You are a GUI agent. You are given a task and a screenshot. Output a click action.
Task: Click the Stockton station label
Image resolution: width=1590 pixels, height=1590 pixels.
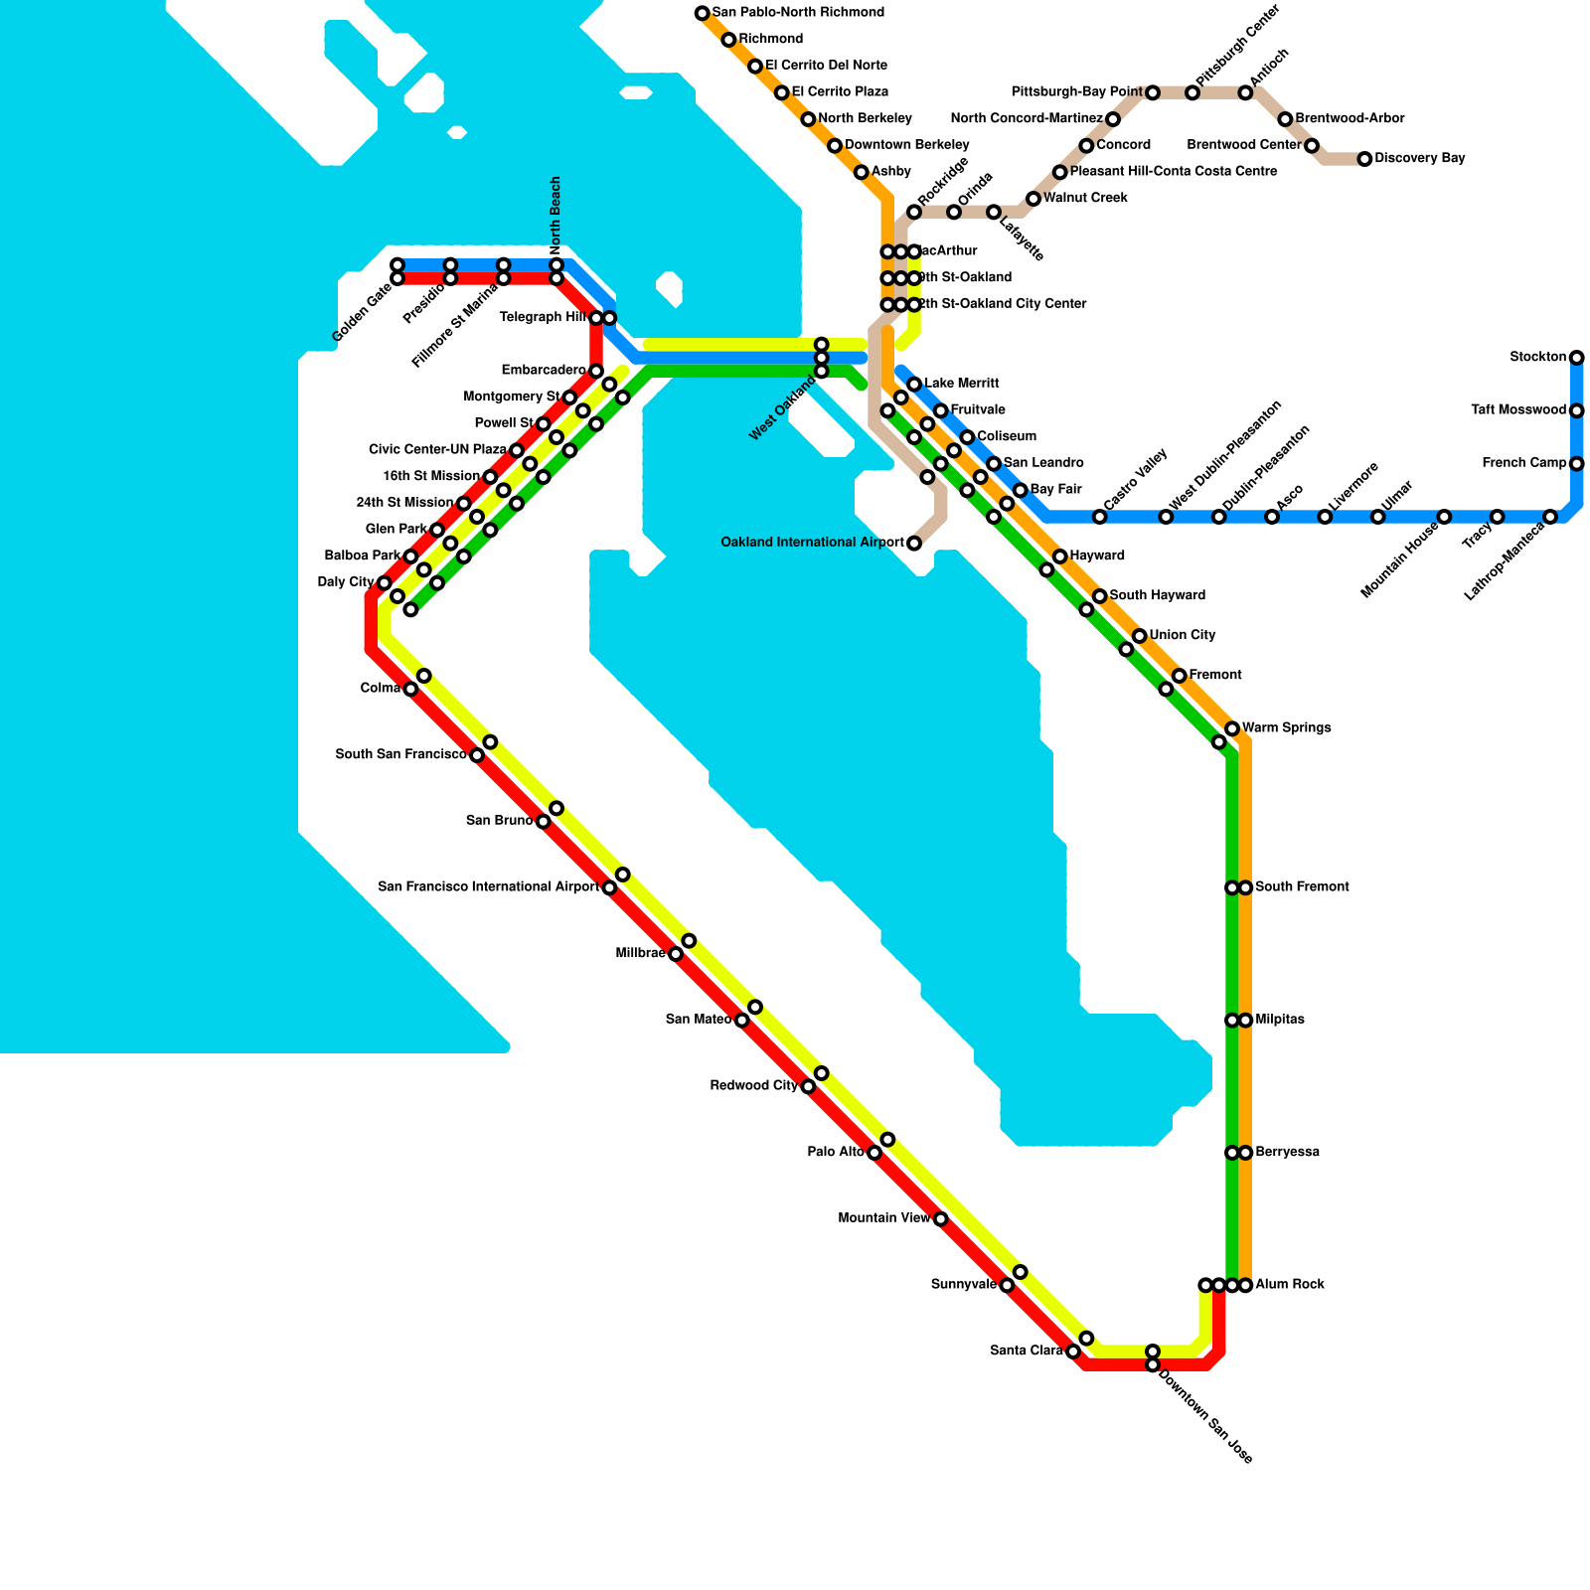(x=1537, y=357)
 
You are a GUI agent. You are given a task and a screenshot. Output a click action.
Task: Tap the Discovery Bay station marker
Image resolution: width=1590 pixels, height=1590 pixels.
(x=1364, y=159)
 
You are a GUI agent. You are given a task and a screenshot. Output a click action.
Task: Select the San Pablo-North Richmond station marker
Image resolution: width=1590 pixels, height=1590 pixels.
(x=702, y=13)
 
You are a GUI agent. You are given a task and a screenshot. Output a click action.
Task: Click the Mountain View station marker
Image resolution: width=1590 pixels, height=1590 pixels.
(x=940, y=1219)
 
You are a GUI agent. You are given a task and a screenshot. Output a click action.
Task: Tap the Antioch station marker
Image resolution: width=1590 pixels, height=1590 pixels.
(x=1245, y=92)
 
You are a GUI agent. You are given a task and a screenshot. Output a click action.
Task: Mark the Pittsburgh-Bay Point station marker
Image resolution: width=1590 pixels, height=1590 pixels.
(x=1152, y=92)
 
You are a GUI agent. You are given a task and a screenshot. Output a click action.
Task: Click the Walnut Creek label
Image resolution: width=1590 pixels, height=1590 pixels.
(x=1085, y=199)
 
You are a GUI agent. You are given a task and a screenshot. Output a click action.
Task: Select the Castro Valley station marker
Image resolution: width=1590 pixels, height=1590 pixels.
(x=1099, y=517)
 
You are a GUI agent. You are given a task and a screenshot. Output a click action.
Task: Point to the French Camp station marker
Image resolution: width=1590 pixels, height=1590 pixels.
(x=1576, y=464)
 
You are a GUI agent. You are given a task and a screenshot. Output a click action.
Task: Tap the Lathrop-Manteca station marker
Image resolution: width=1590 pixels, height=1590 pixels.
(x=1549, y=517)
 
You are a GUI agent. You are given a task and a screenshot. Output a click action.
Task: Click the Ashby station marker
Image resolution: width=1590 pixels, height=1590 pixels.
(x=861, y=173)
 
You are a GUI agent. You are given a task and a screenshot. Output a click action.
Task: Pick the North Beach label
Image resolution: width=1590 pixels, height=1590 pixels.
(x=556, y=213)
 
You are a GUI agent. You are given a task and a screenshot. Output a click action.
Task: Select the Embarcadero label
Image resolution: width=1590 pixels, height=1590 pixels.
(x=544, y=371)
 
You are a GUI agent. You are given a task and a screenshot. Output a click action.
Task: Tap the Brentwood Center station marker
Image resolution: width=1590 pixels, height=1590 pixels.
(x=1312, y=146)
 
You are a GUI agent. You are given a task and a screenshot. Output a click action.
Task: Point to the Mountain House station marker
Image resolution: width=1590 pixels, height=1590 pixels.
(x=1444, y=517)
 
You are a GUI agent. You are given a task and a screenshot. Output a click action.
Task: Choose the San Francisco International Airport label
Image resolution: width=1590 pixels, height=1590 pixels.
(x=488, y=887)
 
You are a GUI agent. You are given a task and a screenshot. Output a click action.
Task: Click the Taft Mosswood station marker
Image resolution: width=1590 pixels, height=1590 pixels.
(x=1576, y=410)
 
